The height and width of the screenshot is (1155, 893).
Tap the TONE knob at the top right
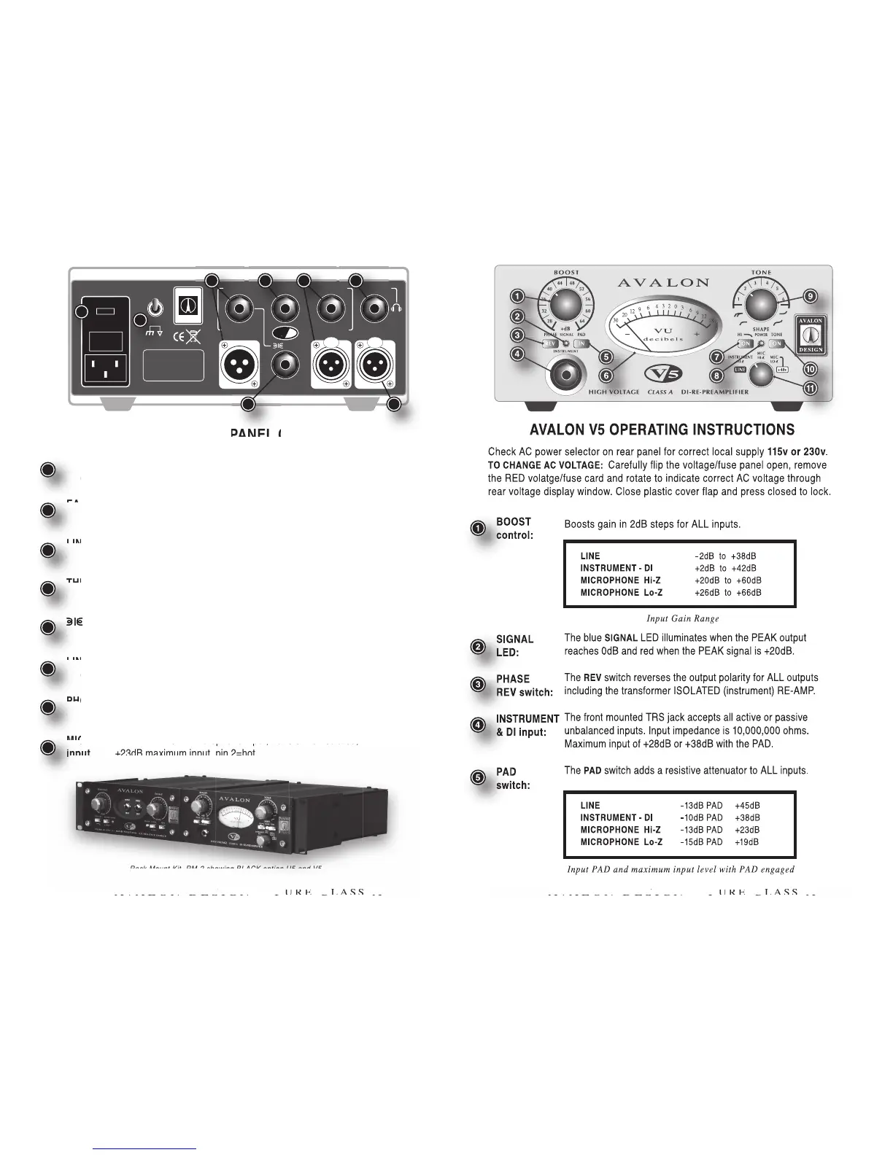(x=761, y=302)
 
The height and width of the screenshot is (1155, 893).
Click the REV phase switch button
(x=549, y=343)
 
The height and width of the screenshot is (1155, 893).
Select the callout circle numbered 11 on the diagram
(x=810, y=389)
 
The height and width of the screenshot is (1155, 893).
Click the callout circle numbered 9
(x=810, y=295)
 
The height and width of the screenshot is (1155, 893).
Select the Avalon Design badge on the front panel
(x=810, y=335)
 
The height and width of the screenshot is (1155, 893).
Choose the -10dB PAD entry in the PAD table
(x=701, y=817)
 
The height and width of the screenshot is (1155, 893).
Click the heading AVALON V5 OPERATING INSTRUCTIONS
(x=662, y=429)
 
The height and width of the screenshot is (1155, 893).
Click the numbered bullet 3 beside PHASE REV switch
(x=477, y=685)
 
